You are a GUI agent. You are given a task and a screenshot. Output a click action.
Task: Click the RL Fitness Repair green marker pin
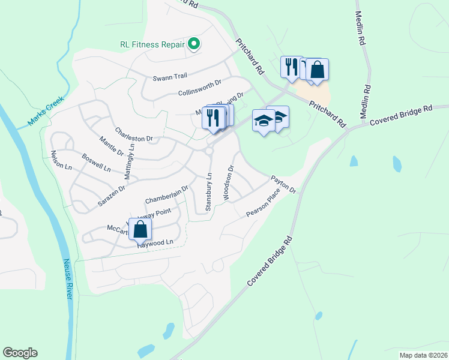(x=194, y=44)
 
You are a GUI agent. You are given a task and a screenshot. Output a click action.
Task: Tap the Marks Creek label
(x=45, y=112)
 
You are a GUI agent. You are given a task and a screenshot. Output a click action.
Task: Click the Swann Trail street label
(x=170, y=77)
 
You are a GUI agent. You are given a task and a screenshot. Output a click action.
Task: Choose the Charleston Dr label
(x=130, y=134)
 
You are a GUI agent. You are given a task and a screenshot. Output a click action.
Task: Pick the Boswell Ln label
(x=96, y=164)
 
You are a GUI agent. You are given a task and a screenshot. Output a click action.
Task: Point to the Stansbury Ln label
(x=209, y=192)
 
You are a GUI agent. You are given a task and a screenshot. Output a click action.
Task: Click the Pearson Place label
(x=263, y=206)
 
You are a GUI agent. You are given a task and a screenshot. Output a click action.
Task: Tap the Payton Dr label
(x=283, y=184)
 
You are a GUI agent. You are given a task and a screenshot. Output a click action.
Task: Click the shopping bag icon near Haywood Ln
(x=140, y=229)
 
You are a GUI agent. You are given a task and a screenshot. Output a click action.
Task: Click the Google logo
(x=20, y=353)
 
